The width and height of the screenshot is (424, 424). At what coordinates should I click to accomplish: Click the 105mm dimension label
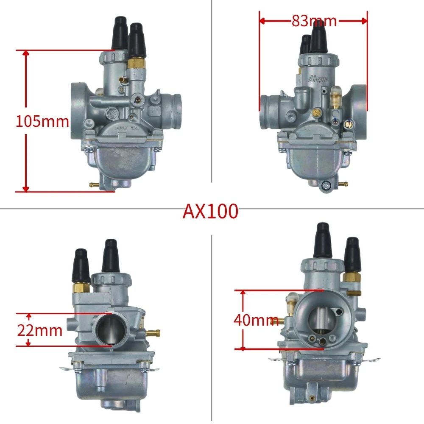pos(42,122)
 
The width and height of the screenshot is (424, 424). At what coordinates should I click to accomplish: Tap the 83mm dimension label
pos(314,21)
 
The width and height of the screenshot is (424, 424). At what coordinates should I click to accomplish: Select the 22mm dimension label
pos(40,330)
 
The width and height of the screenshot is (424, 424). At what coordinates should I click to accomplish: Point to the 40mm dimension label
pos(256,320)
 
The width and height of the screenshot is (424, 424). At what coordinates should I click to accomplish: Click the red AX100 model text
pos(210,211)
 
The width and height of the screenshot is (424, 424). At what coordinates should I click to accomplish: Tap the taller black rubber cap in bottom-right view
pos(322,240)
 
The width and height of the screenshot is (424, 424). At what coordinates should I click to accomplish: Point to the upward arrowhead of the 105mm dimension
pos(26,53)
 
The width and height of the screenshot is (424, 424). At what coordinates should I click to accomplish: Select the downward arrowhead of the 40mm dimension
pos(243,347)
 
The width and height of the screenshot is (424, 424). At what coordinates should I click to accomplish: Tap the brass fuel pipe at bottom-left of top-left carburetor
pos(95,184)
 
